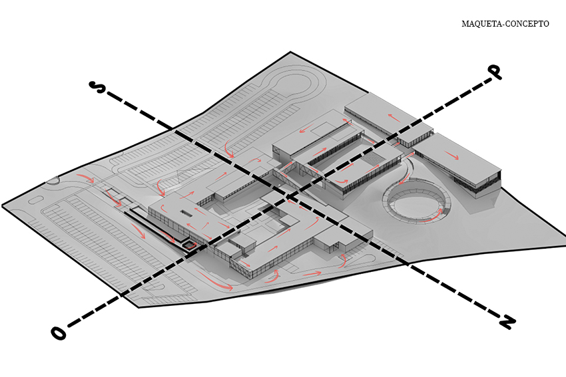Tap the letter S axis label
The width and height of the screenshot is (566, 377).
pos(97,87)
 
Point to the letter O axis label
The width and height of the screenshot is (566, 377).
pos(59,333)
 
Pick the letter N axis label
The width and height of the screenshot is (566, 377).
pos(507,321)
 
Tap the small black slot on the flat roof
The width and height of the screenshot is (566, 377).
pos(186,213)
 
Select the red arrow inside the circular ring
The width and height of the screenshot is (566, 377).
pos(435,217)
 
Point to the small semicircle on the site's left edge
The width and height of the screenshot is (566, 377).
pos(52,181)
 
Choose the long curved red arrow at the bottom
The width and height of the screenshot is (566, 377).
pos(216,281)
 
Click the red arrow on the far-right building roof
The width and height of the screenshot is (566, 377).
pos(451,156)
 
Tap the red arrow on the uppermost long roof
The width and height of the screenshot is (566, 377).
pos(394,118)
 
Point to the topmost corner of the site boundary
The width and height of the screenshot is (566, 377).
pos(290,53)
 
